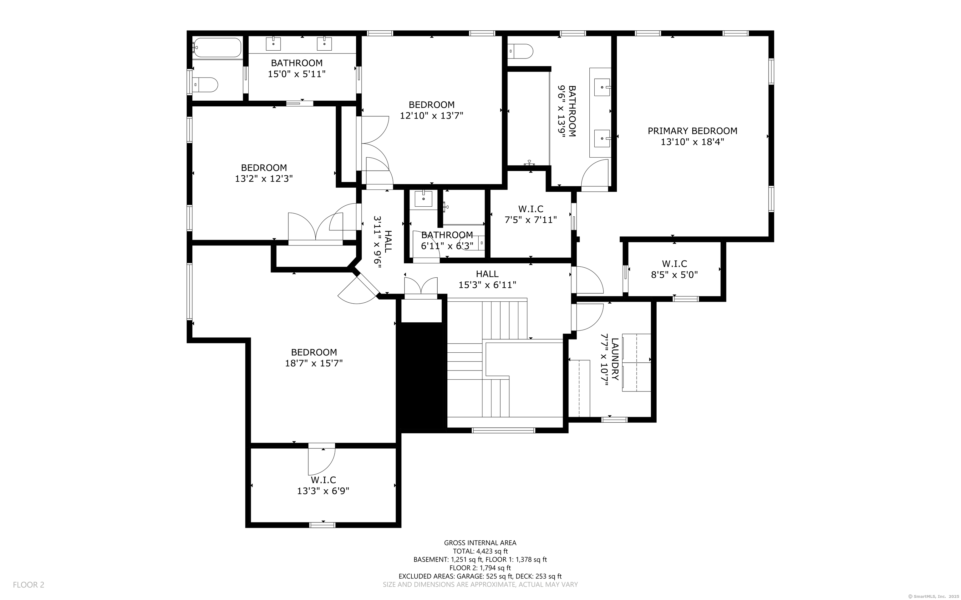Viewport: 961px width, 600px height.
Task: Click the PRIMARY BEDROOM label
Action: tap(692, 131)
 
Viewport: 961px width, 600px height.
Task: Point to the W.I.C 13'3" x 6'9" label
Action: tap(323, 486)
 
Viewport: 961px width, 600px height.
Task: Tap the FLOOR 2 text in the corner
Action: tap(28, 585)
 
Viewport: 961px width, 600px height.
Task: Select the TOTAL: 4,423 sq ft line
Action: tap(480, 551)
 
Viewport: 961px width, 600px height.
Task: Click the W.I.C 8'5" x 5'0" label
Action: tap(674, 269)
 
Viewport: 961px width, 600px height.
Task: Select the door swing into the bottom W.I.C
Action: tap(322, 460)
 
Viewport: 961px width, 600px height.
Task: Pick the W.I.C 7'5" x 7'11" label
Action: tap(531, 214)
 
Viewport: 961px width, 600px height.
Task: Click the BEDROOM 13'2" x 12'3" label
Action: tap(264, 173)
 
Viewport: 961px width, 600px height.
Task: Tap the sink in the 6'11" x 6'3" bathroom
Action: tap(423, 199)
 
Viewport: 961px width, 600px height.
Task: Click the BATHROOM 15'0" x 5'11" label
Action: tap(297, 68)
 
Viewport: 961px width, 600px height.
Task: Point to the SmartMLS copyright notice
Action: tap(933, 596)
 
